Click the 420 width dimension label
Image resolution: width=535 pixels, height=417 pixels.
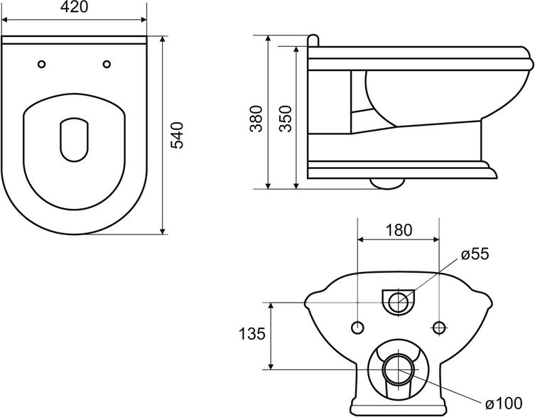pos(74,7)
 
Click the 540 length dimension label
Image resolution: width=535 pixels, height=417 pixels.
pos(177,135)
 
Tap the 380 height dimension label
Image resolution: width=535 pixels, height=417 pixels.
pos(256,119)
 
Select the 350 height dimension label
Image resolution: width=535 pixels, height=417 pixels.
pos(285,119)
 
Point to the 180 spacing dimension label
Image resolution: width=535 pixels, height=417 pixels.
pos(399,230)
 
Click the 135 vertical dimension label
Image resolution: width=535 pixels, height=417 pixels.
pos(252,334)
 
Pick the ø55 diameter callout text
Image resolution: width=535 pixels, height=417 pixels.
pos(475,254)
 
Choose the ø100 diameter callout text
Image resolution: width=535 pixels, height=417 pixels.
pos(504,403)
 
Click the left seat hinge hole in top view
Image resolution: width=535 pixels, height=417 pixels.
pos(42,64)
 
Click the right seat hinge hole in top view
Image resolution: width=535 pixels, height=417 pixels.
pos(107,64)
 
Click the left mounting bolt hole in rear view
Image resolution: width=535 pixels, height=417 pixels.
pos(357,327)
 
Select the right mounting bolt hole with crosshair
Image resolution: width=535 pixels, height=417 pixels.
pos(440,327)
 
